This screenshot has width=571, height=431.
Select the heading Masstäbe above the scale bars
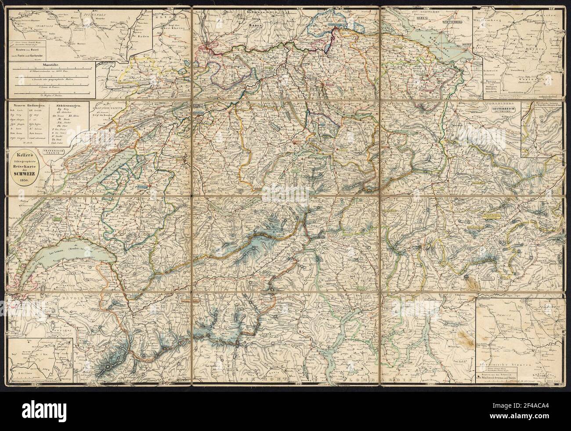tap(52, 65)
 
